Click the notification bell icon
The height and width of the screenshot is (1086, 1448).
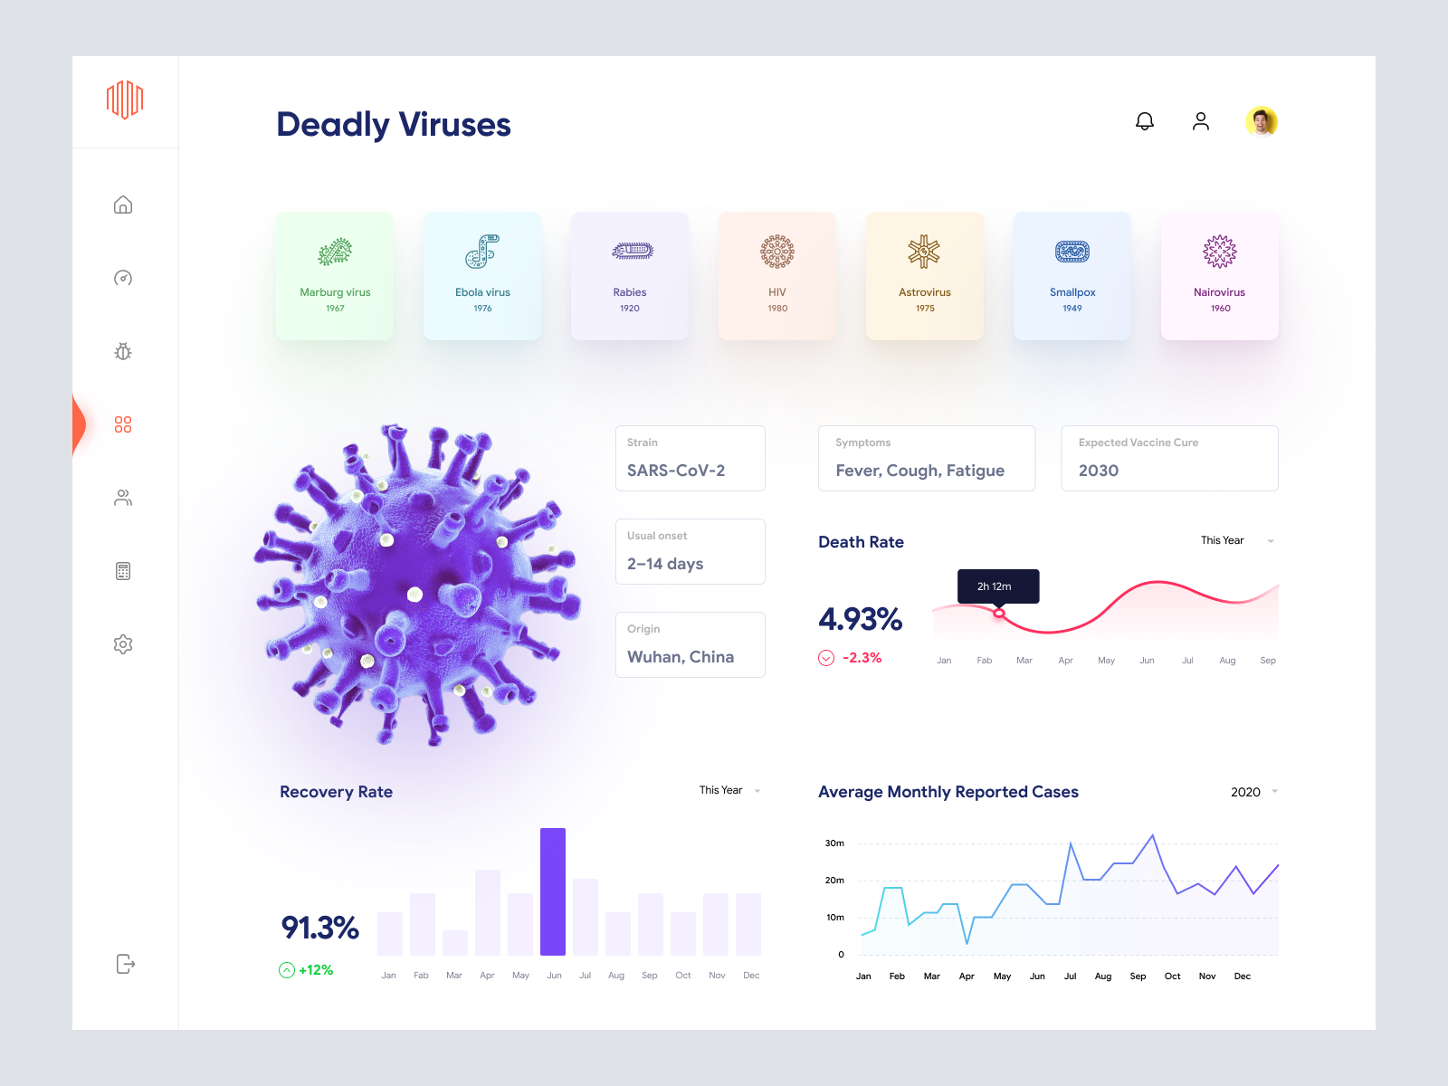(1145, 121)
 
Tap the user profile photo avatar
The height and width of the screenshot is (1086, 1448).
(1261, 121)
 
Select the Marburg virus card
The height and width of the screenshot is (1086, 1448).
(335, 276)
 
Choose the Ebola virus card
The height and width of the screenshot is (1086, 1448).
(482, 276)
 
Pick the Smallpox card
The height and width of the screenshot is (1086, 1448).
(1072, 276)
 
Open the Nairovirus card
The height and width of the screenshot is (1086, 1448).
(1220, 276)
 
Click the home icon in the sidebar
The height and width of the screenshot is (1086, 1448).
(123, 205)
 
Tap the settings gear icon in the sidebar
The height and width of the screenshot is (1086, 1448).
(123, 644)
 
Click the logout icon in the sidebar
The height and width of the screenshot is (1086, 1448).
(126, 964)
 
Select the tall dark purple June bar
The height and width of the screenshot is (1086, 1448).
(553, 891)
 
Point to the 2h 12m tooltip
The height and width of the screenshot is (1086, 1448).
(998, 586)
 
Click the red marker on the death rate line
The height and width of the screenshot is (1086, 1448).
(999, 614)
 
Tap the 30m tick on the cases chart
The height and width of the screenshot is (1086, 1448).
(834, 843)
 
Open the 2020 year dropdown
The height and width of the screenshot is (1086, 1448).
(1253, 792)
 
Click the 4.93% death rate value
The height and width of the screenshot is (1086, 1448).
(860, 620)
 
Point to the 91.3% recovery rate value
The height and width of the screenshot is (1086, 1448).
(319, 928)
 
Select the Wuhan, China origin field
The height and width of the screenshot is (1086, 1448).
(691, 645)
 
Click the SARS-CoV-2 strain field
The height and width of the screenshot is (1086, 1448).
(691, 459)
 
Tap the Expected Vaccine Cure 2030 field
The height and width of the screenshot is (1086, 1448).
(1169, 459)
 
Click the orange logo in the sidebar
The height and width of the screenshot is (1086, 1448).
(125, 100)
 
